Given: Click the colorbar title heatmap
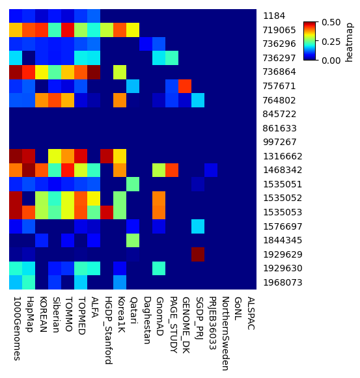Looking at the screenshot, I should (350, 41).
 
